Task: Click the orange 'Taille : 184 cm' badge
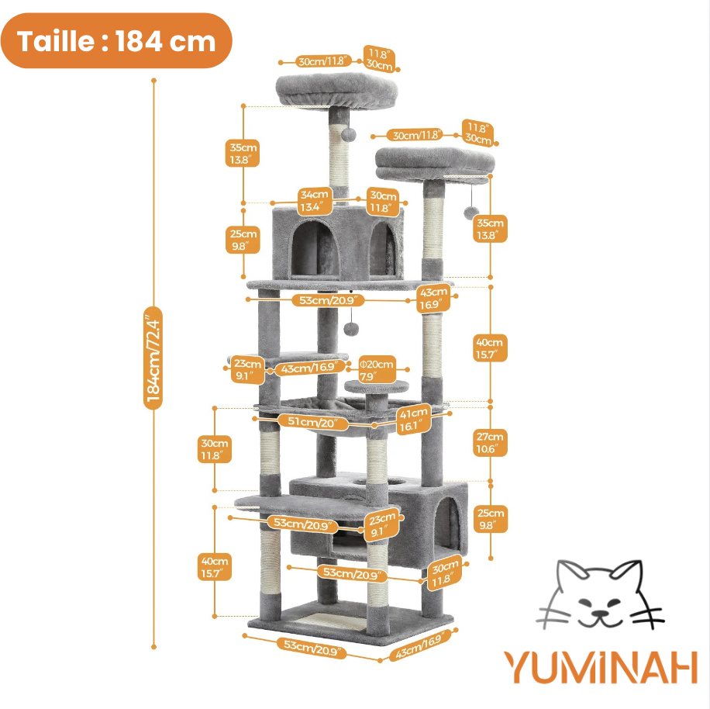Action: [116, 40]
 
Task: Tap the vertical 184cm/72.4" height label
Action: [153, 356]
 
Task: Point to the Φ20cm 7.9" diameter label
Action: [377, 369]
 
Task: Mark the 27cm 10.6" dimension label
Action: [491, 442]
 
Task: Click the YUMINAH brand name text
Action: [600, 667]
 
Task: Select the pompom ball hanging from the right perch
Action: [470, 213]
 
